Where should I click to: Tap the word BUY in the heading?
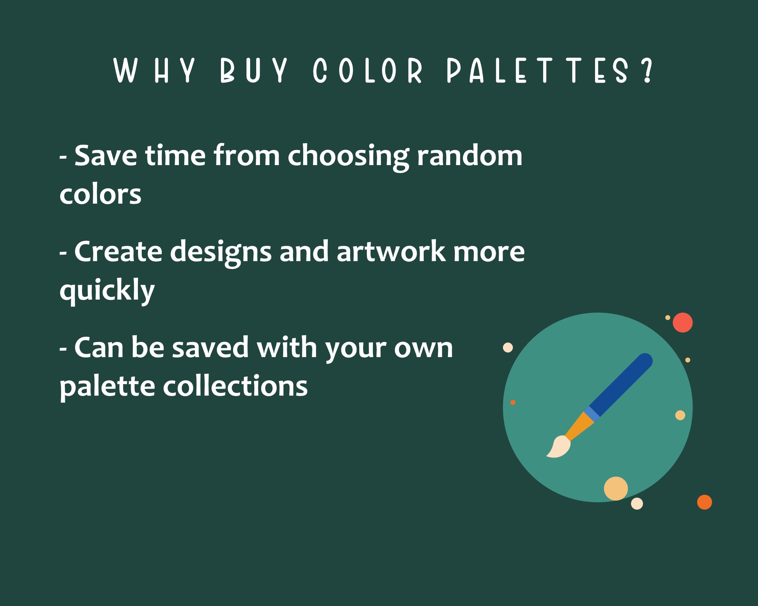click(254, 71)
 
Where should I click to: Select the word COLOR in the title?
click(367, 71)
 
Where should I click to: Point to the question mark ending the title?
click(648, 71)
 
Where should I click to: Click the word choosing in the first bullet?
click(348, 156)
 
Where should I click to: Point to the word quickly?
click(107, 291)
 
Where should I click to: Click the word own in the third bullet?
click(423, 348)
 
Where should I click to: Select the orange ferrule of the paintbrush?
click(579, 426)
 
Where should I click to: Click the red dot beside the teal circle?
click(683, 323)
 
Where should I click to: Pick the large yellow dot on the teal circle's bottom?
click(615, 488)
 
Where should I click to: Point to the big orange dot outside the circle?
click(704, 502)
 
